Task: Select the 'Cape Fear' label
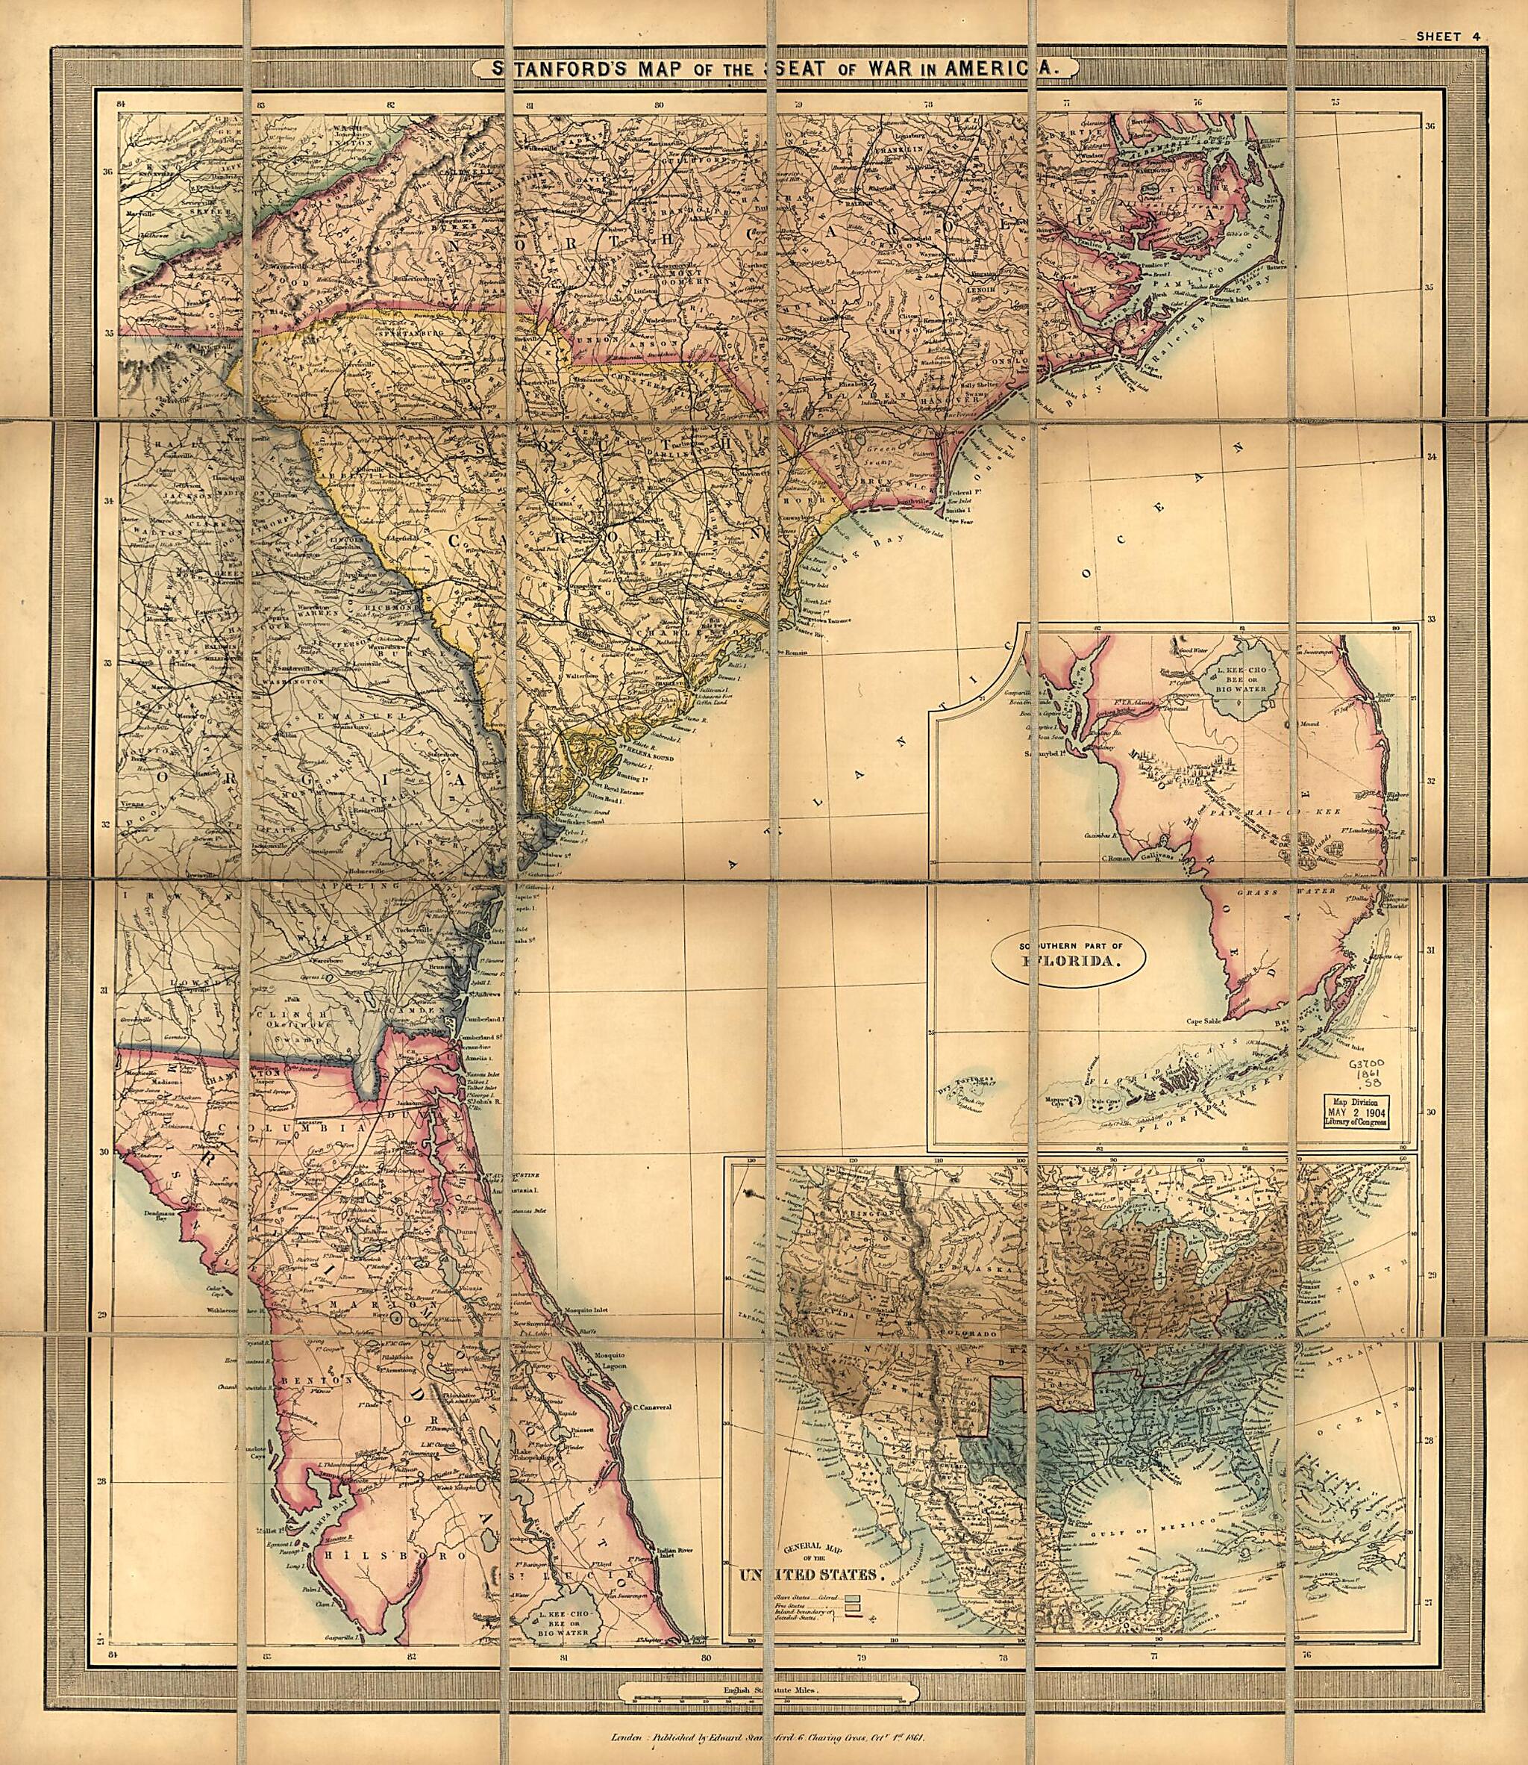click(x=961, y=518)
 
